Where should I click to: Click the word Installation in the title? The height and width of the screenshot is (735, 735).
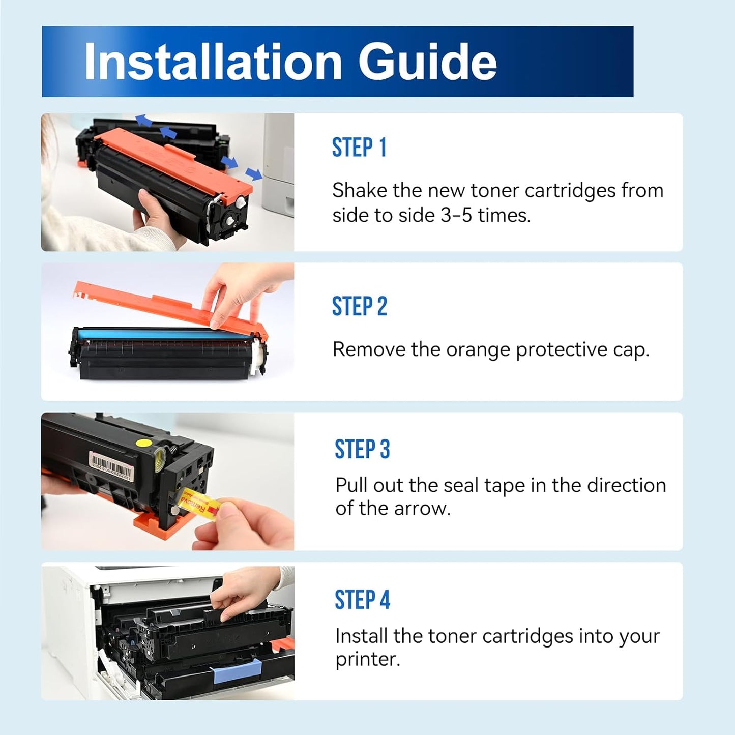click(x=213, y=62)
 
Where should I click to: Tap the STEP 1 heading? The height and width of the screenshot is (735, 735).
click(x=359, y=148)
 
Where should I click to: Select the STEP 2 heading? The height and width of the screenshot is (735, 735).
click(x=359, y=307)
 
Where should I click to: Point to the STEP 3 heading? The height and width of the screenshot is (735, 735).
click(x=362, y=450)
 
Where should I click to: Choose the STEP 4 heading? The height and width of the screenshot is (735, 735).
click(x=362, y=600)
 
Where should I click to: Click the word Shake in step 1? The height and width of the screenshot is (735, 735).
click(x=359, y=191)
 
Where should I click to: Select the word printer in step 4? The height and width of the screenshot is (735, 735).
click(x=366, y=659)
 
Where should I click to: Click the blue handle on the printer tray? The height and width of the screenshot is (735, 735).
click(x=238, y=671)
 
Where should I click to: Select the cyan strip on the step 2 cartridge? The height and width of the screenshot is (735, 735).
click(x=163, y=334)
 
